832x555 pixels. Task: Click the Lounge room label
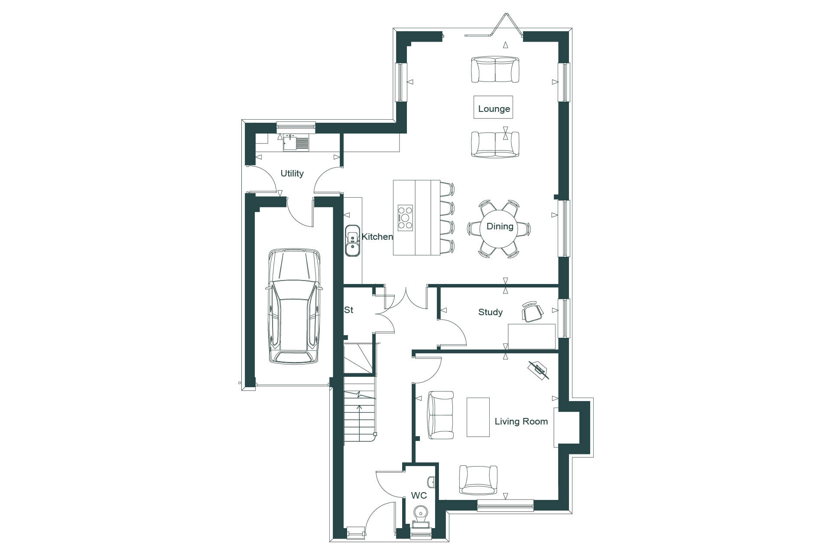[x=494, y=109]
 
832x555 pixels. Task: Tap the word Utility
[x=292, y=173]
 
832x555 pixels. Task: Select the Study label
[x=491, y=312]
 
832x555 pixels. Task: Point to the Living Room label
[x=521, y=421]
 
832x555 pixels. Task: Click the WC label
[x=419, y=495]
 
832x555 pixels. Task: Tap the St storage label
[x=349, y=310]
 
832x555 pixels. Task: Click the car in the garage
[x=294, y=306]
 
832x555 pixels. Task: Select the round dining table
[x=500, y=229]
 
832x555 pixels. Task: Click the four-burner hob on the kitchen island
[x=406, y=218]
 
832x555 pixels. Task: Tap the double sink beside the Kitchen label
[x=352, y=241]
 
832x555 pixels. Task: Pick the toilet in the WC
[x=420, y=516]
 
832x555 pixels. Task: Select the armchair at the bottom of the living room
[x=478, y=480]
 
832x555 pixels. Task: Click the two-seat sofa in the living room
[x=441, y=415]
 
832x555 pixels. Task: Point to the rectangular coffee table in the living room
[x=478, y=417]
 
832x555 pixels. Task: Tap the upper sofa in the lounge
[x=495, y=69]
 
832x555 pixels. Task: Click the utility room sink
[x=296, y=143]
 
